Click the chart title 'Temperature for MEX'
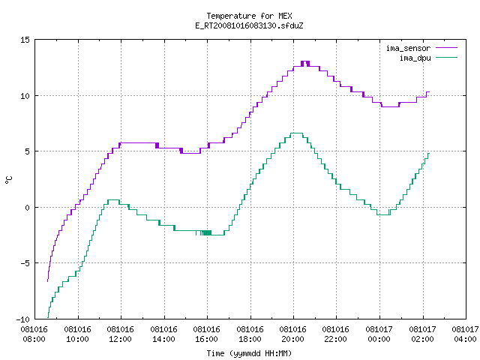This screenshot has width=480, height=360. coord(249,16)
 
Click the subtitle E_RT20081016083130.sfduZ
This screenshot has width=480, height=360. coord(249,25)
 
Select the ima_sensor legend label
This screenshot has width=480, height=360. coord(408,48)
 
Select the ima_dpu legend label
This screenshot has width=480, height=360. coord(415,58)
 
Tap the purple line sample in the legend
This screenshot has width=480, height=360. coord(447,48)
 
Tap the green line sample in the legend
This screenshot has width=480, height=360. coord(447,58)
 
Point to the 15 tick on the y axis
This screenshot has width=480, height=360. coord(25,40)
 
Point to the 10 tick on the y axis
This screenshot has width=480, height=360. coord(25,96)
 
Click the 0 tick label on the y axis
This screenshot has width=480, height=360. coord(27,208)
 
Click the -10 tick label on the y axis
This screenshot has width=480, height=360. coord(23,319)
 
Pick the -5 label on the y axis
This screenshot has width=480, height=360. coord(25,263)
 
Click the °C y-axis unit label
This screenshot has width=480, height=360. coord(9,180)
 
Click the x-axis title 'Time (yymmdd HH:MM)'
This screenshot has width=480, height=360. coord(249,353)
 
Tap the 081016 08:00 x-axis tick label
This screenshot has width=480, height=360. coord(34,334)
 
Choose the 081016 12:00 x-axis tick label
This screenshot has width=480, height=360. coord(121,334)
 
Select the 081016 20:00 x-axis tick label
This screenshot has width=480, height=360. coord(293,334)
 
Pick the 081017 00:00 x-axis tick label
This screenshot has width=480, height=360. coord(379,334)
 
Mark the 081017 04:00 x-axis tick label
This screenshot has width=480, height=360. coord(465,334)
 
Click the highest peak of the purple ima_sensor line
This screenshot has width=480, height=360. coord(305,61)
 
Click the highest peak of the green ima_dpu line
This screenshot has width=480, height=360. coord(296,133)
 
